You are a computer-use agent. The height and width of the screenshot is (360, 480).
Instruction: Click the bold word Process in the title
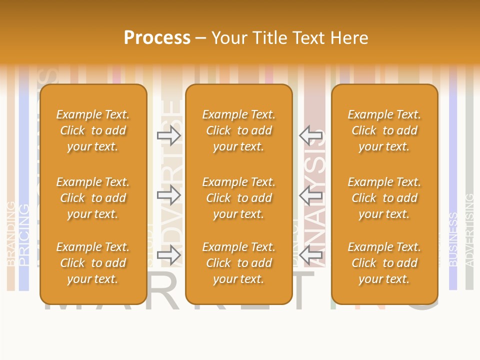pos(157,38)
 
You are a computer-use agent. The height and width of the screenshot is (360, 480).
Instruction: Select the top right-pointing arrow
pos(169,135)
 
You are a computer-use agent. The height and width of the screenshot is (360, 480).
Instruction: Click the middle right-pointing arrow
pos(169,195)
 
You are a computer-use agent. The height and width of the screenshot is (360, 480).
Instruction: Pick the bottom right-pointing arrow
pos(169,255)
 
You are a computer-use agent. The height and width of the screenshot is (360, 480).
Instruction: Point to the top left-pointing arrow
pos(311,135)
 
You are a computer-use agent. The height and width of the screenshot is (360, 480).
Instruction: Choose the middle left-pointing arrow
pos(311,195)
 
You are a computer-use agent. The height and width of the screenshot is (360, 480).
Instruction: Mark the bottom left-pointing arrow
pos(311,255)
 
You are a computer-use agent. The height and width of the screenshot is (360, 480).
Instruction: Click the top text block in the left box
pos(93,130)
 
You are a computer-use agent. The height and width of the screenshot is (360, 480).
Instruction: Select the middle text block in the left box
pos(93,198)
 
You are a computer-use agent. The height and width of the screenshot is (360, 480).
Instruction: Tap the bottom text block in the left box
pos(93,263)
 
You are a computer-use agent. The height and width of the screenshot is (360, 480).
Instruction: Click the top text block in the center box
pos(239,130)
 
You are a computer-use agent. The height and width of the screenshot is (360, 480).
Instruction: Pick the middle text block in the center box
pos(239,198)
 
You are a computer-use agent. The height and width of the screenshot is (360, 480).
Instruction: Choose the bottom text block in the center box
pos(239,263)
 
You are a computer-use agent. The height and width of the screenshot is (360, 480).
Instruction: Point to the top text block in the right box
pos(384,130)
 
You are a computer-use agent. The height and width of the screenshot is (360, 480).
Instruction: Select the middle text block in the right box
pos(384,198)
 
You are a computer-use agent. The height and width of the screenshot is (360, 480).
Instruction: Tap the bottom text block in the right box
pos(384,263)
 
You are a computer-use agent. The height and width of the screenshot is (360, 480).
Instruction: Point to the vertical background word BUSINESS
pos(453,239)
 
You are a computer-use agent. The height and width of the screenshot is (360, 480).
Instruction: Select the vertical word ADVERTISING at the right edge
pos(469,230)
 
